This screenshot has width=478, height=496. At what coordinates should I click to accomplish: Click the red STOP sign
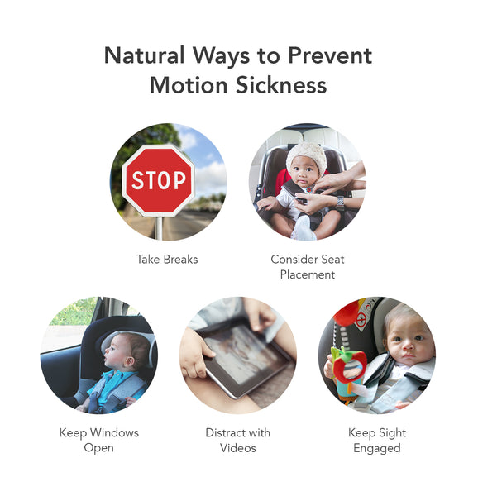coord(159,180)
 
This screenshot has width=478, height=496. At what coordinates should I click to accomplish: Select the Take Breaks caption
coord(167,260)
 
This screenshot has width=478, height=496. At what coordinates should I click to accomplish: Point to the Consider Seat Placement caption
coord(307,266)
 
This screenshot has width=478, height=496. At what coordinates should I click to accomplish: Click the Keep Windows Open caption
coord(98,440)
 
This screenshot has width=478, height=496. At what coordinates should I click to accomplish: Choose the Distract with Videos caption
coord(238,440)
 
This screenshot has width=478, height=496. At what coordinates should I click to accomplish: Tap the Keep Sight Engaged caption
coord(377,440)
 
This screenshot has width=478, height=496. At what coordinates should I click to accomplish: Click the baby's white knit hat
coord(307,155)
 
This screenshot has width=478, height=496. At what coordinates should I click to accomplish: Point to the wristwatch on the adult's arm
coord(339,202)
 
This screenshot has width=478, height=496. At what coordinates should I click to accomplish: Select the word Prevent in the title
coord(329,56)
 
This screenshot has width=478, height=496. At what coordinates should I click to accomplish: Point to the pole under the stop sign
coord(158,227)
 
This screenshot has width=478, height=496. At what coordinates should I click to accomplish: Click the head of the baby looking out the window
coord(131,349)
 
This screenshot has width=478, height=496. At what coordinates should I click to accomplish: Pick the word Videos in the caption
coord(238,448)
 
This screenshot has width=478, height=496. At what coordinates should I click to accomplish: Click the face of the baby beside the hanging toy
coord(408,341)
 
